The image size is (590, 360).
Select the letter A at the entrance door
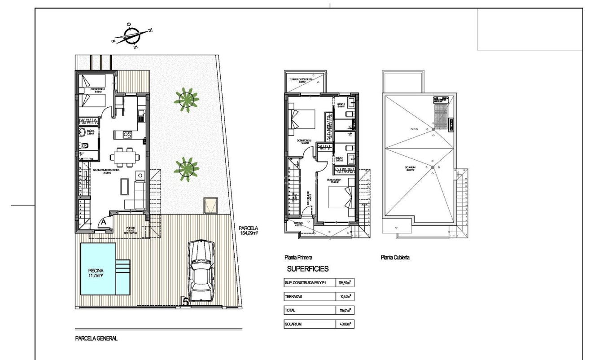click(x=103, y=221)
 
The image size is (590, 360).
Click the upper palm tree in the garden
click(x=186, y=100)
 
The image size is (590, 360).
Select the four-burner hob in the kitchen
click(x=126, y=134)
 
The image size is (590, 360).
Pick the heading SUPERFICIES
click(x=307, y=269)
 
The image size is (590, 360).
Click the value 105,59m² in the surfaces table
click(x=344, y=283)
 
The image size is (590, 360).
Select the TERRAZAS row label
click(x=294, y=297)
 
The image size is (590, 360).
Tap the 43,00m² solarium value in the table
click(x=344, y=324)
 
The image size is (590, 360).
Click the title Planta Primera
click(x=298, y=258)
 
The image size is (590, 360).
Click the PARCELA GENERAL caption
click(x=96, y=338)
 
